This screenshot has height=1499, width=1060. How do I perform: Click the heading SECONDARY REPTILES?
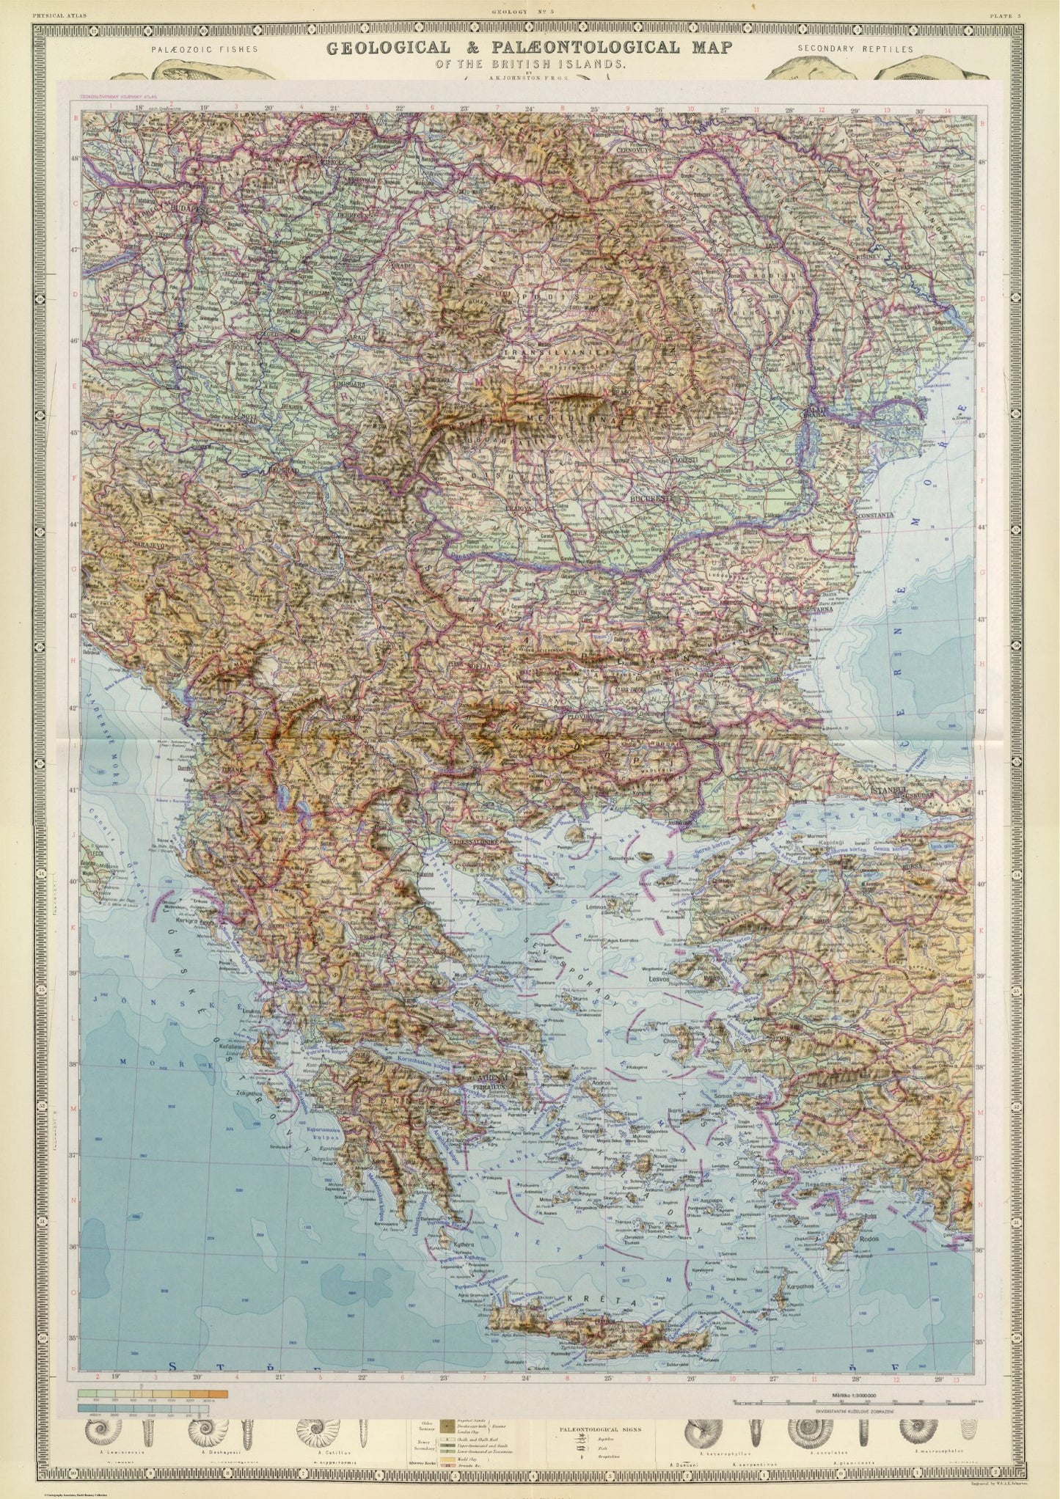pos(853,49)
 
